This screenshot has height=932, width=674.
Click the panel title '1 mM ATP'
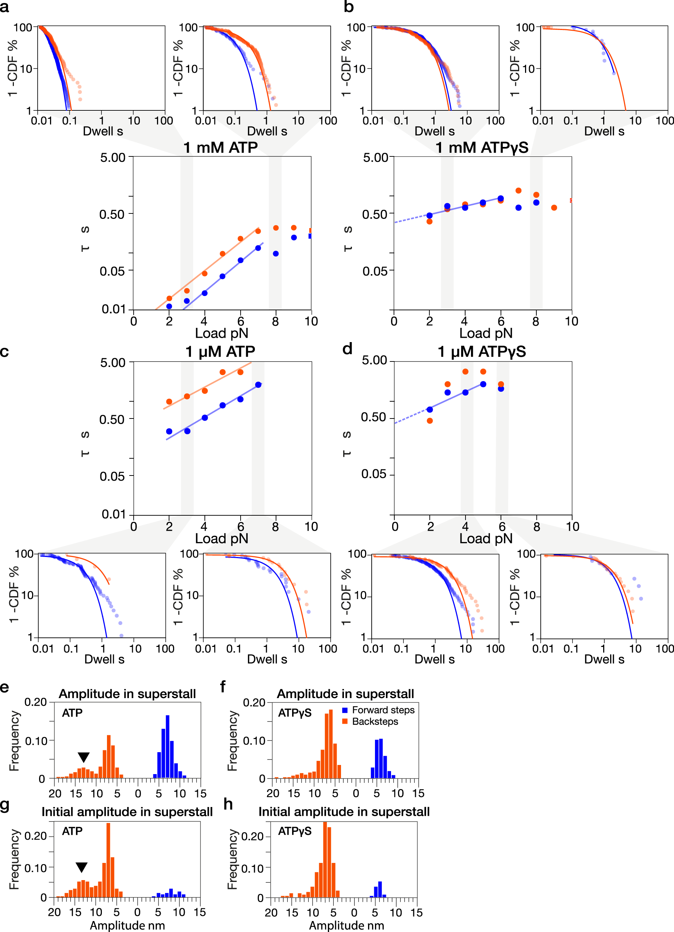pyautogui.click(x=221, y=148)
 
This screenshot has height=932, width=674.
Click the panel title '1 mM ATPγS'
pyautogui.click(x=482, y=148)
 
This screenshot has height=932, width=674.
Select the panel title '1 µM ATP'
pyautogui.click(x=220, y=352)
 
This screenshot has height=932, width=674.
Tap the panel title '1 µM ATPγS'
pyautogui.click(x=482, y=352)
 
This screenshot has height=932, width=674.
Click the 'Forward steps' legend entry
pyautogui.click(x=383, y=710)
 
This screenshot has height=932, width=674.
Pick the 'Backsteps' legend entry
pyautogui.click(x=374, y=721)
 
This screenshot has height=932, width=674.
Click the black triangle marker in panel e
pyautogui.click(x=84, y=757)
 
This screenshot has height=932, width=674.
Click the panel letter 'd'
pyautogui.click(x=347, y=349)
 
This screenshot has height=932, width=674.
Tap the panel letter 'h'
pyautogui.click(x=228, y=804)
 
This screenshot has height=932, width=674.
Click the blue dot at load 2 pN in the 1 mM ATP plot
pyautogui.click(x=169, y=306)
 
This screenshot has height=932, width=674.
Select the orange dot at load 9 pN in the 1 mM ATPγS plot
pyautogui.click(x=554, y=208)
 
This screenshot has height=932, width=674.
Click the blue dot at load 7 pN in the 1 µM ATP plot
pyautogui.click(x=258, y=384)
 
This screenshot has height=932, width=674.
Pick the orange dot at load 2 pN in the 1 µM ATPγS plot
pyautogui.click(x=430, y=420)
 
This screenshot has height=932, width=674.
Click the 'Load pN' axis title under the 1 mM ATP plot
pyautogui.click(x=221, y=333)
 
